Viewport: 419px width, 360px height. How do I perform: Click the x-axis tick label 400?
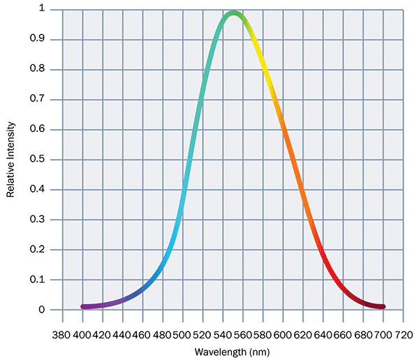pyautogui.click(x=82, y=334)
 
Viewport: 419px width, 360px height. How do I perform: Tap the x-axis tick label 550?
pyautogui.click(x=233, y=334)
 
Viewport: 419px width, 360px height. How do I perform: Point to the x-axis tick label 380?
pyautogui.click(x=62, y=334)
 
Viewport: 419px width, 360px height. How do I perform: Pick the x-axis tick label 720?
pyautogui.click(x=404, y=334)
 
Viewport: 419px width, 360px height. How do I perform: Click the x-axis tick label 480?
pyautogui.click(x=163, y=334)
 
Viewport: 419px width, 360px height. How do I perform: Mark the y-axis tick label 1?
pyautogui.click(x=42, y=9)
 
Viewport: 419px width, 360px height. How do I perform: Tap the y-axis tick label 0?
pyautogui.click(x=42, y=310)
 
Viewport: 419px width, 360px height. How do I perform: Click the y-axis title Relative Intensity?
pyautogui.click(x=10, y=159)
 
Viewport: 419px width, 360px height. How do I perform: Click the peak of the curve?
pyautogui.click(x=234, y=13)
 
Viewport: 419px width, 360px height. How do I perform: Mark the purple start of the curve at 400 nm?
pyautogui.click(x=83, y=306)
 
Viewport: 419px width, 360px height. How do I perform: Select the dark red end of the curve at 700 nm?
pyautogui.click(x=383, y=306)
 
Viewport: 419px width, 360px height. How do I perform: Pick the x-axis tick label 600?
pyautogui.click(x=284, y=334)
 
